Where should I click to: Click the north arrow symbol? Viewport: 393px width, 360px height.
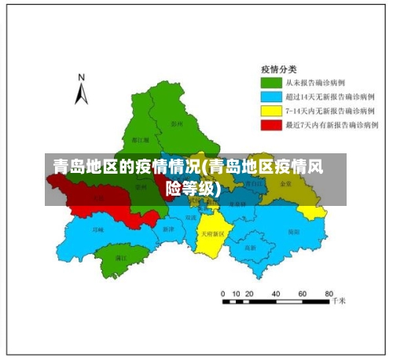pos(81,94)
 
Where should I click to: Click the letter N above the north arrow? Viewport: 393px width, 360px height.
pos(81,77)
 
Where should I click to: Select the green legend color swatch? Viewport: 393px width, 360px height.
pos(271,83)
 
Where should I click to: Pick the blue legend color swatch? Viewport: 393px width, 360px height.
pos(271,97)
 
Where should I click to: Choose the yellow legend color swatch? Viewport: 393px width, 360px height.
pos(271,111)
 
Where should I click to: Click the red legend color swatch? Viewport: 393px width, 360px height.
pos(271,125)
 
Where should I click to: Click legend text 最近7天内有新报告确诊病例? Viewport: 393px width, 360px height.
pos(332,125)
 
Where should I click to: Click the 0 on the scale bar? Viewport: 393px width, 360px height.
pos(224,292)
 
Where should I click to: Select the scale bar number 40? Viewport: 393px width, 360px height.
pos(277,292)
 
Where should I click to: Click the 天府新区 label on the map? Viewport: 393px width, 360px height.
pos(211,233)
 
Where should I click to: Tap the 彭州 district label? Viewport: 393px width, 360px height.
pos(176,123)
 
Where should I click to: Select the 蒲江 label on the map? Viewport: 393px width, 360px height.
pos(121,257)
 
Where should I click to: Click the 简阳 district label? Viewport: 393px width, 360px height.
pos(293,232)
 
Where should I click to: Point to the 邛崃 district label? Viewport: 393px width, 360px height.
pos(97,230)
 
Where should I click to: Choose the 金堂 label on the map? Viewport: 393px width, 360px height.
pos(285,183)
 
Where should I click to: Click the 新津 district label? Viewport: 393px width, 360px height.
pos(167,229)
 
